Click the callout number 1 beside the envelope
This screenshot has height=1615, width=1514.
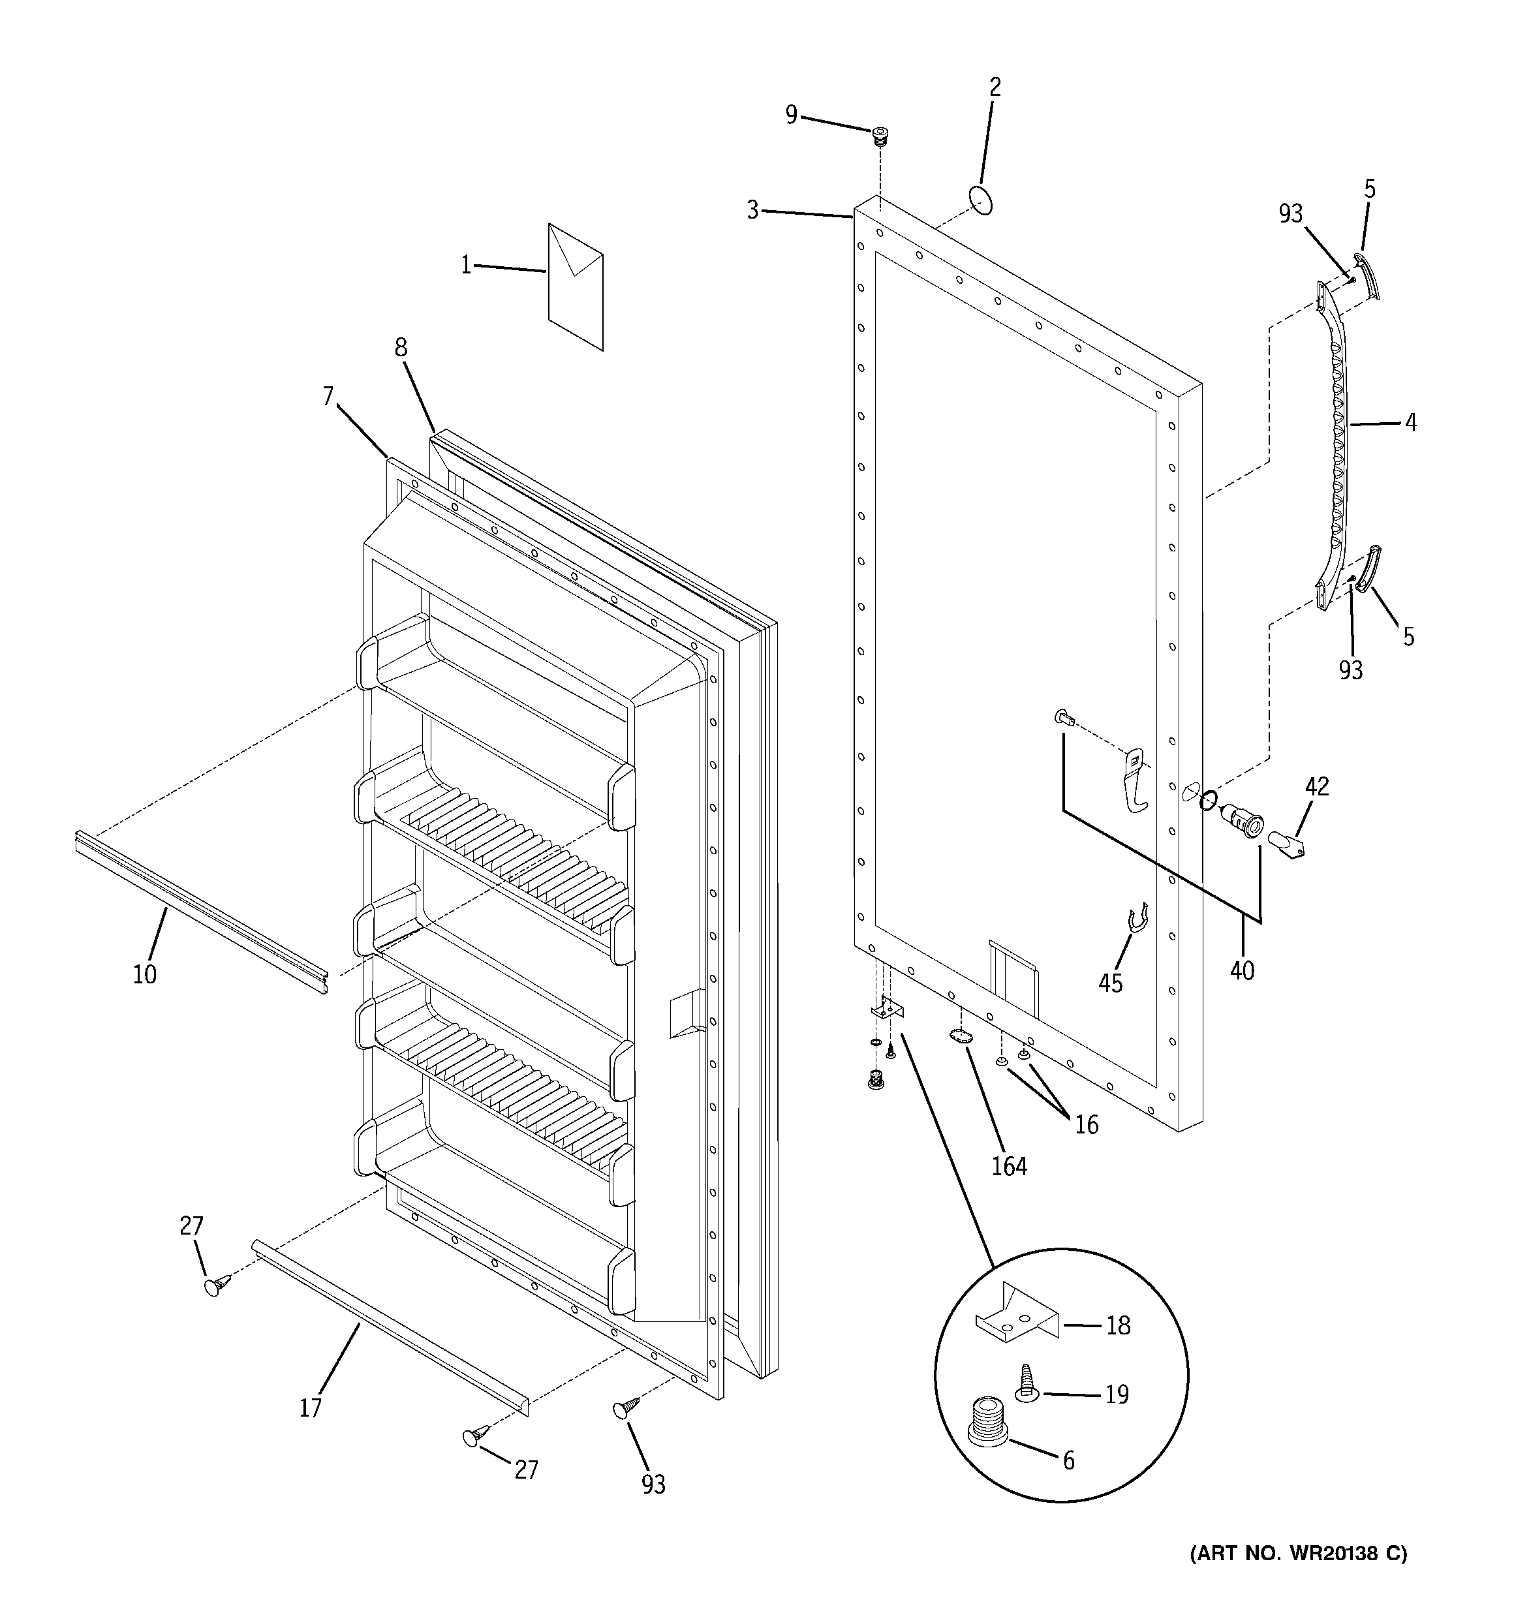tap(466, 266)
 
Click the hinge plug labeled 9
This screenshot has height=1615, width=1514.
tap(879, 135)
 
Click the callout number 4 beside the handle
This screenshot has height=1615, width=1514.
tap(1410, 422)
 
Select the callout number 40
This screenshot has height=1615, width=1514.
tap(1242, 970)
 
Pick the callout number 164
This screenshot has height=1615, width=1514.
tap(1010, 1167)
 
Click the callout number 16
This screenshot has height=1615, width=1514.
tap(1087, 1124)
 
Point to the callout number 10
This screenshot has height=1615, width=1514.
tap(145, 974)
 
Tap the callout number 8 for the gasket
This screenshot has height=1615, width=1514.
tap(401, 348)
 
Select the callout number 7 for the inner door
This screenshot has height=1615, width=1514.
tap(328, 397)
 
